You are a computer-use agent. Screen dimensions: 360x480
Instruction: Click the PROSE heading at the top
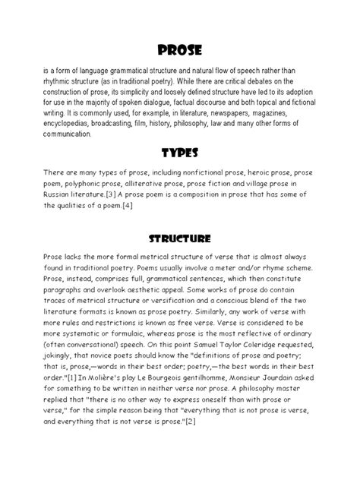click(x=180, y=50)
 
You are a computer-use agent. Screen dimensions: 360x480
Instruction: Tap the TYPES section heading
click(x=180, y=153)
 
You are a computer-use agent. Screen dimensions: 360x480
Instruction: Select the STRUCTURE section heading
click(x=180, y=238)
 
